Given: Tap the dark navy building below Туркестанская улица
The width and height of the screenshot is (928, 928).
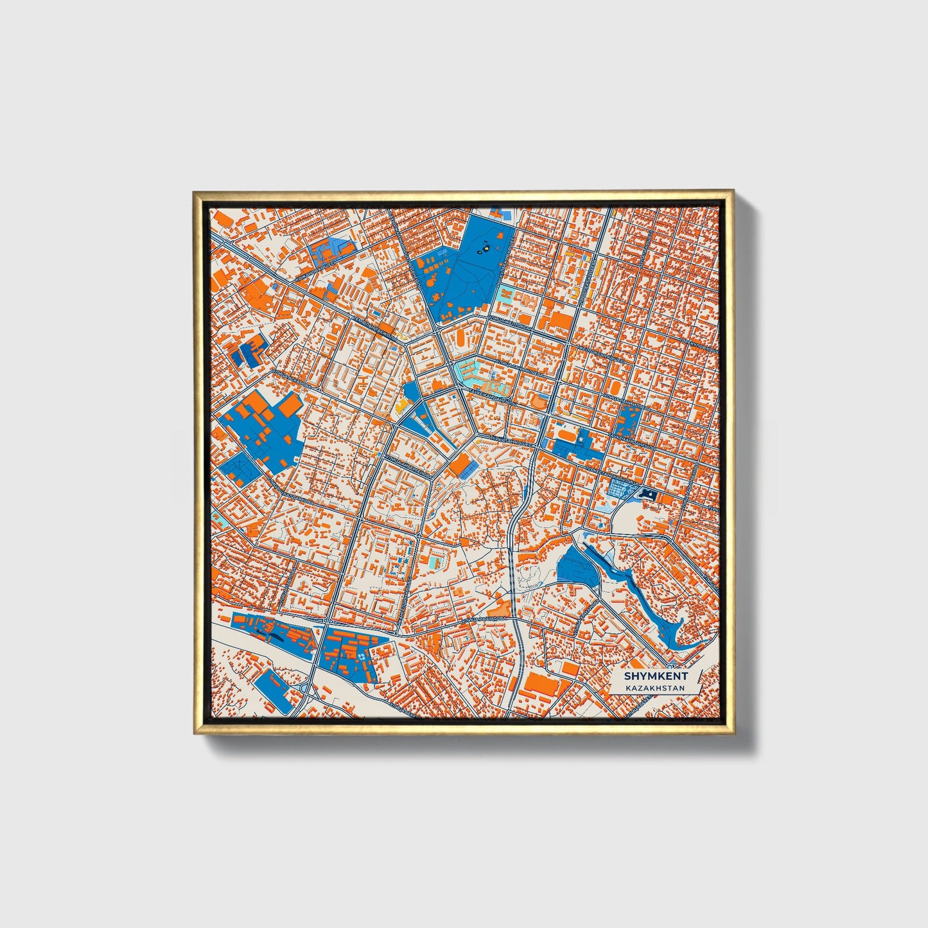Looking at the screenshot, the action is (648, 494).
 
